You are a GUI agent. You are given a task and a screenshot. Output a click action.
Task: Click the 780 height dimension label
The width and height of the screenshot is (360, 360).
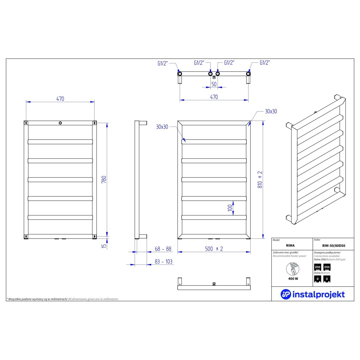(104, 179)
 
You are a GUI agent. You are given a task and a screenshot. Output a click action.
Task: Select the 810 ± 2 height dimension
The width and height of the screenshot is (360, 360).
(260, 179)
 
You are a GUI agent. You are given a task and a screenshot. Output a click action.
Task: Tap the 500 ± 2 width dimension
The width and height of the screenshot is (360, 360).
(214, 249)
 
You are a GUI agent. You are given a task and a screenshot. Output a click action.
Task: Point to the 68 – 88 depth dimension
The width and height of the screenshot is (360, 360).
(163, 249)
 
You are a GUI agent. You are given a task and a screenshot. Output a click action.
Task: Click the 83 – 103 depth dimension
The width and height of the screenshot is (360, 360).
(163, 262)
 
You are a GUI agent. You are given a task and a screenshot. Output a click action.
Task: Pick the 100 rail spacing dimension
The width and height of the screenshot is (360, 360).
(230, 208)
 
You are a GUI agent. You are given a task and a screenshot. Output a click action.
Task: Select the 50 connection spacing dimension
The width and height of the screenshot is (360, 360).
(214, 84)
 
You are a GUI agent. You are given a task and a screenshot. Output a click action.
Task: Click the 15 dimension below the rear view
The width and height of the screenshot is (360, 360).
(104, 246)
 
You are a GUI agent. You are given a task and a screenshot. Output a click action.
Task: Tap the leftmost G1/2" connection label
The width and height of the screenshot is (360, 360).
(162, 63)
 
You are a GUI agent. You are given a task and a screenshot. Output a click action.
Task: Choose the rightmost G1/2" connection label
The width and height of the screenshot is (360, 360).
(265, 62)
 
